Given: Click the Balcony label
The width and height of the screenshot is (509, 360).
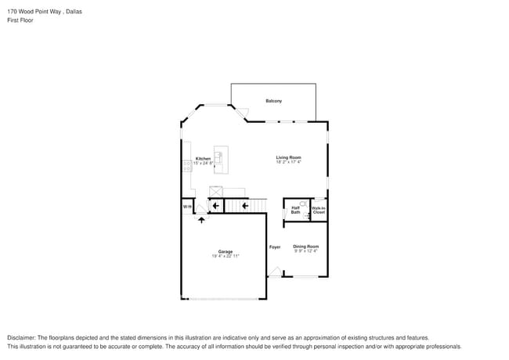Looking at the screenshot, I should [273, 101].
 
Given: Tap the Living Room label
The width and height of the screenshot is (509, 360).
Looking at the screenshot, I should [288, 157].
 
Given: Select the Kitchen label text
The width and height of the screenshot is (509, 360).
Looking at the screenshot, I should [203, 158].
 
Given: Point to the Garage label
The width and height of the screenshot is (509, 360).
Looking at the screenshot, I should [226, 251].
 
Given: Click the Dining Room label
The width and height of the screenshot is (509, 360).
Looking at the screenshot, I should [306, 246].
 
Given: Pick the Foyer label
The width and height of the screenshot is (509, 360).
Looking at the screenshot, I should [275, 247].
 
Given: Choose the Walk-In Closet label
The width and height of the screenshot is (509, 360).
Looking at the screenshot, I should [319, 210].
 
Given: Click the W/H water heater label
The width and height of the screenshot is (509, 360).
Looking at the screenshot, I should [187, 206].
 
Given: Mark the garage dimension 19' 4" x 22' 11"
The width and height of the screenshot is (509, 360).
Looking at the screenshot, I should [226, 256].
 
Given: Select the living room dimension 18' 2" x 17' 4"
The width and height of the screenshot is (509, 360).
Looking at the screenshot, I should [288, 162].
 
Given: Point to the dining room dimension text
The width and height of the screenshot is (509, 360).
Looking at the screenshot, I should [306, 250].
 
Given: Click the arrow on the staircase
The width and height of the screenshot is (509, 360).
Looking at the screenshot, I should [244, 206].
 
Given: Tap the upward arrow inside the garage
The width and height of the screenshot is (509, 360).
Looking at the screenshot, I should [202, 220].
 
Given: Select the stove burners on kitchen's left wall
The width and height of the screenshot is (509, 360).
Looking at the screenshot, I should [186, 165].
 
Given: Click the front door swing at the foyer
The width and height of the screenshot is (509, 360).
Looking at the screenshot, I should [274, 272].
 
